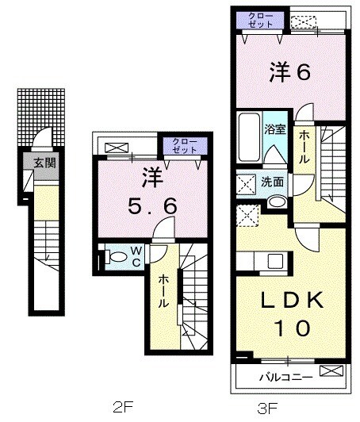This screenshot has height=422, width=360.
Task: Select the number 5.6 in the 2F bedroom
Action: pyautogui.click(x=153, y=205)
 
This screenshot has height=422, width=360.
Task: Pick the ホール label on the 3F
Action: pyautogui.click(x=304, y=148)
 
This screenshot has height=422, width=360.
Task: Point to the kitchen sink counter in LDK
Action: pyautogui.click(x=266, y=262)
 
